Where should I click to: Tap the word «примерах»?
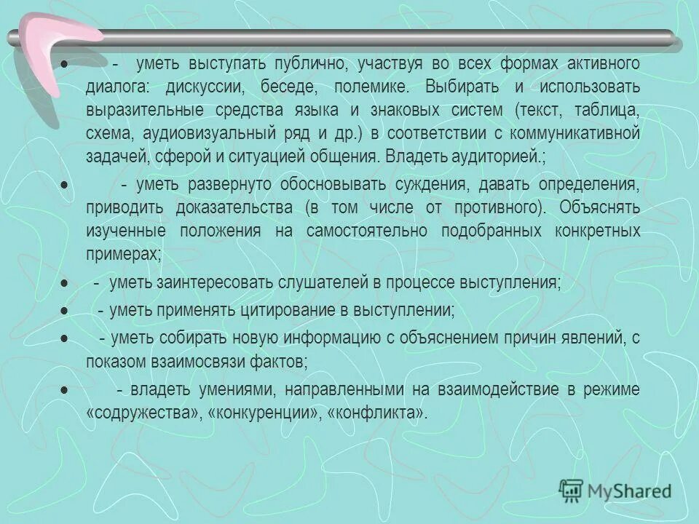click(x=121, y=253)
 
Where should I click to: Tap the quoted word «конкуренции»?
click(x=245, y=412)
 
